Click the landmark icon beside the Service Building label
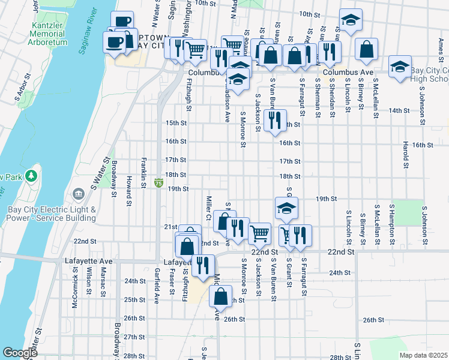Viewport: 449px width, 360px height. pyautogui.click(x=79, y=194)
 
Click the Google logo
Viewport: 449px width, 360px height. pyautogui.click(x=20, y=353)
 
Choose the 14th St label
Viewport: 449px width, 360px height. pyautogui.click(x=399, y=111)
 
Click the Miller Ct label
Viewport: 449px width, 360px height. pyautogui.click(x=208, y=208)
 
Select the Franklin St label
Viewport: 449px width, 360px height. pyautogui.click(x=143, y=173)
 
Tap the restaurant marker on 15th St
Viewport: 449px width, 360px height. pyautogui.click(x=275, y=120)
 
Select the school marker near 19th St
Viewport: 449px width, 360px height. pyautogui.click(x=287, y=208)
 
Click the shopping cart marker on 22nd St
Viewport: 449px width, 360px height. pyautogui.click(x=259, y=232)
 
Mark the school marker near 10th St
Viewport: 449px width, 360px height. pyautogui.click(x=349, y=20)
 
